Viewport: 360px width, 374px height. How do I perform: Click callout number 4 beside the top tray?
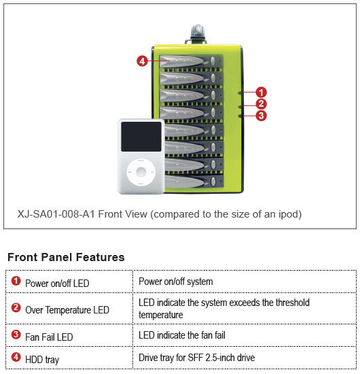point(142,61)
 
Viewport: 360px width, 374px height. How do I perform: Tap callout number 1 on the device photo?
point(261,92)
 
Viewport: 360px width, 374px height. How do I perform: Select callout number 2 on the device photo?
point(261,104)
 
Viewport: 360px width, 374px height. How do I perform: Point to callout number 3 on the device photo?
point(261,116)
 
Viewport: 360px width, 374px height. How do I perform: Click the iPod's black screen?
point(141,137)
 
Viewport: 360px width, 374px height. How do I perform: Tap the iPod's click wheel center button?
point(141,172)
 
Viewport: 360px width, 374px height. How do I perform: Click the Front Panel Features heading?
point(66,257)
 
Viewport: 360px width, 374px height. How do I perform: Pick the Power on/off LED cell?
point(69,282)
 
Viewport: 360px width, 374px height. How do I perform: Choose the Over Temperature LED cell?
point(69,309)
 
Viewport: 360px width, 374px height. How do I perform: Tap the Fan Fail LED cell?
point(69,335)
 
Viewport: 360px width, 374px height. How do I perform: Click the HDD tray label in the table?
point(42,360)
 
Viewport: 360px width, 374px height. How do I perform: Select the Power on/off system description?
point(176,282)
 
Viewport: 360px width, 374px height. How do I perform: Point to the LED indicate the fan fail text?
point(182,335)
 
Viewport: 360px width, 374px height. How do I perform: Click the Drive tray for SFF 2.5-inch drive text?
point(196,358)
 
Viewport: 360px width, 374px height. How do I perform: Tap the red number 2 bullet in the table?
point(16,307)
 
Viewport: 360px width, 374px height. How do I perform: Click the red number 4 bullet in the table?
point(16,357)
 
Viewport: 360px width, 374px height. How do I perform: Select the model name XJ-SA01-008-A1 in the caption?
point(56,214)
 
